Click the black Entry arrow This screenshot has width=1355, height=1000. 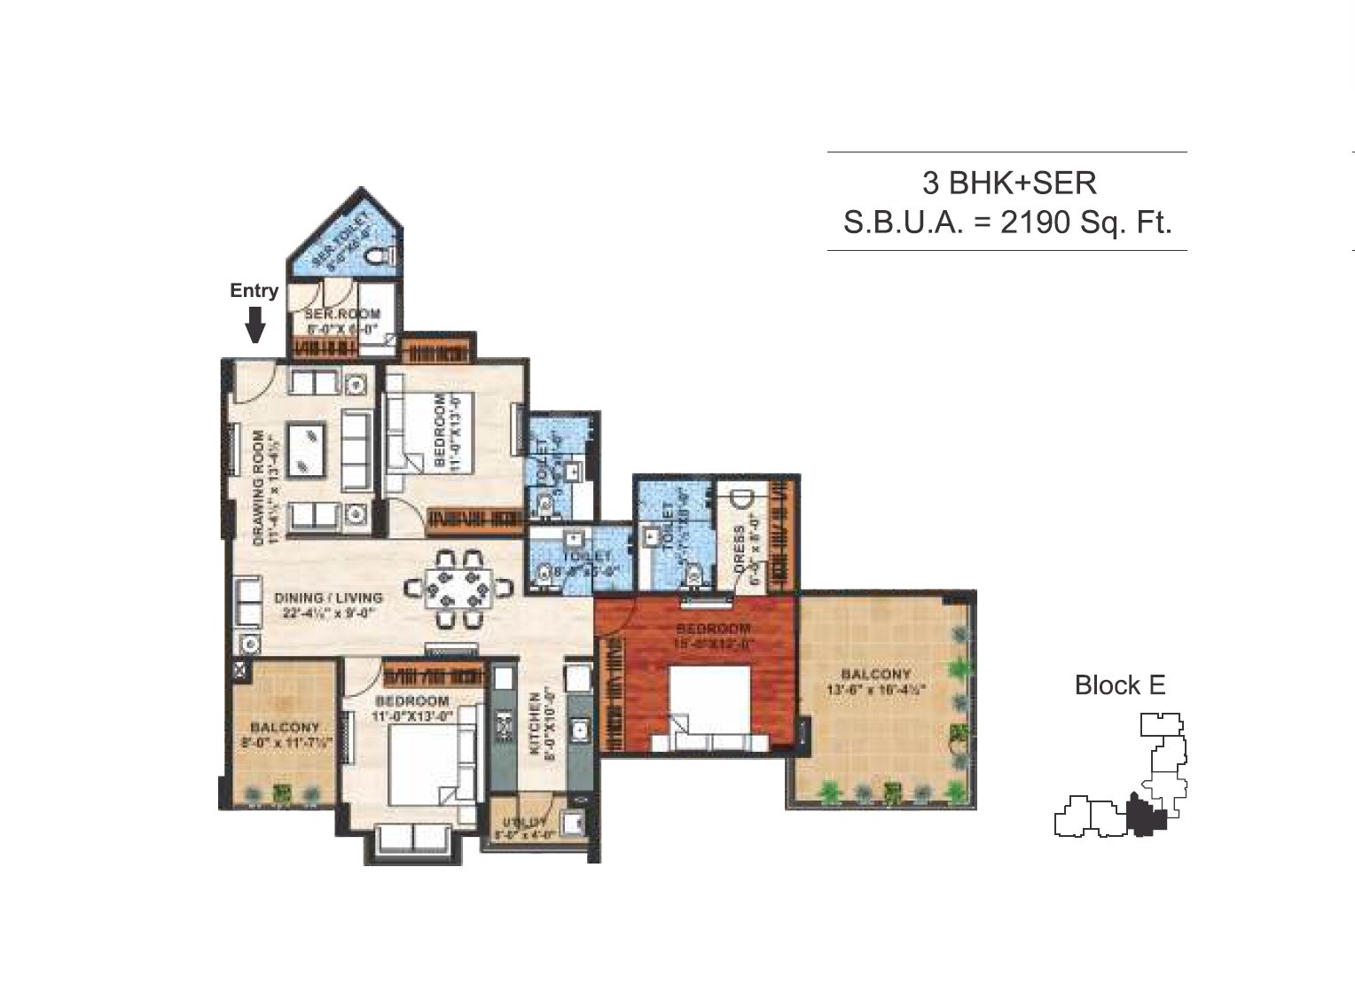coord(255,324)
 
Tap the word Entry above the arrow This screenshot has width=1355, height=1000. coord(254,290)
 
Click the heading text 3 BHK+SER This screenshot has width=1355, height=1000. coord(1009,183)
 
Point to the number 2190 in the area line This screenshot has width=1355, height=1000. coord(1035,222)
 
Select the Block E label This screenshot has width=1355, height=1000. coord(1119,685)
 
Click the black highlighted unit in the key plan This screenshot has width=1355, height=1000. coord(1145,816)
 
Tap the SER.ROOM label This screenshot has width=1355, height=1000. coord(342,314)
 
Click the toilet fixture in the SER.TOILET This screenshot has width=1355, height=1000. coord(378,256)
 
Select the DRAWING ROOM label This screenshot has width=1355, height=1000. coord(259,487)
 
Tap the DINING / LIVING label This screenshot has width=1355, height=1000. coord(327,598)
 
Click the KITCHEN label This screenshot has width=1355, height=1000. coord(536,723)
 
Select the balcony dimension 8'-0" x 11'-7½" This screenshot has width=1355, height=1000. coord(284,744)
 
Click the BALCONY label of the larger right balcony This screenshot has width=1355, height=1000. coord(875,675)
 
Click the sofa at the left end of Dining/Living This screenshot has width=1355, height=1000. coord(247,602)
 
